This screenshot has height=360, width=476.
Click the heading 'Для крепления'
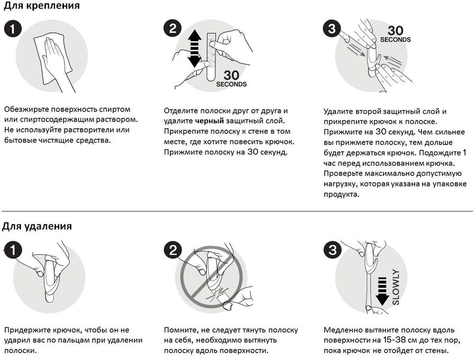(42, 5)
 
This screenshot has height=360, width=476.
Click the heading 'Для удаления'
(37, 226)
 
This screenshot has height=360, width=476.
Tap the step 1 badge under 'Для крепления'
(13, 29)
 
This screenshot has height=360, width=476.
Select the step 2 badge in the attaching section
(172, 29)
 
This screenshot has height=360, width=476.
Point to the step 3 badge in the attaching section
(332, 29)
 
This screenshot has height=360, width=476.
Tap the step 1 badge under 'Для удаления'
(13, 250)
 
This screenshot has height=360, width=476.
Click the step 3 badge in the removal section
(333, 250)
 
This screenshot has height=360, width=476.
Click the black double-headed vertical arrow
(194, 49)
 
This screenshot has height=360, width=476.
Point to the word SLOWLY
(396, 287)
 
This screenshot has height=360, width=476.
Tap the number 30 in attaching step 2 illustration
(231, 75)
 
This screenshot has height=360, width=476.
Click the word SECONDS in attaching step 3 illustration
(395, 40)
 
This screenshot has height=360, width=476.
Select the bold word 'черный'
(209, 121)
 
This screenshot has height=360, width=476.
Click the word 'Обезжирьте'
(26, 110)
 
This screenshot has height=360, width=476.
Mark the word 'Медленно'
(341, 330)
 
